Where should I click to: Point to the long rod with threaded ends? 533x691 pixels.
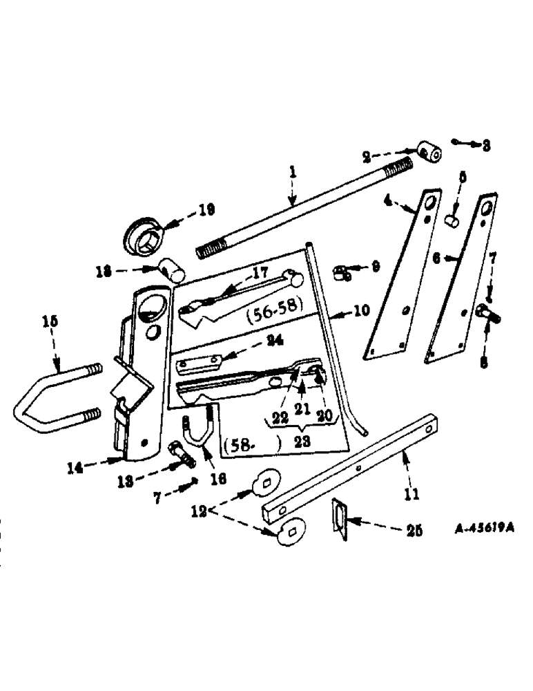point(304,207)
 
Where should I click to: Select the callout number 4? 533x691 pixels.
point(388,201)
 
